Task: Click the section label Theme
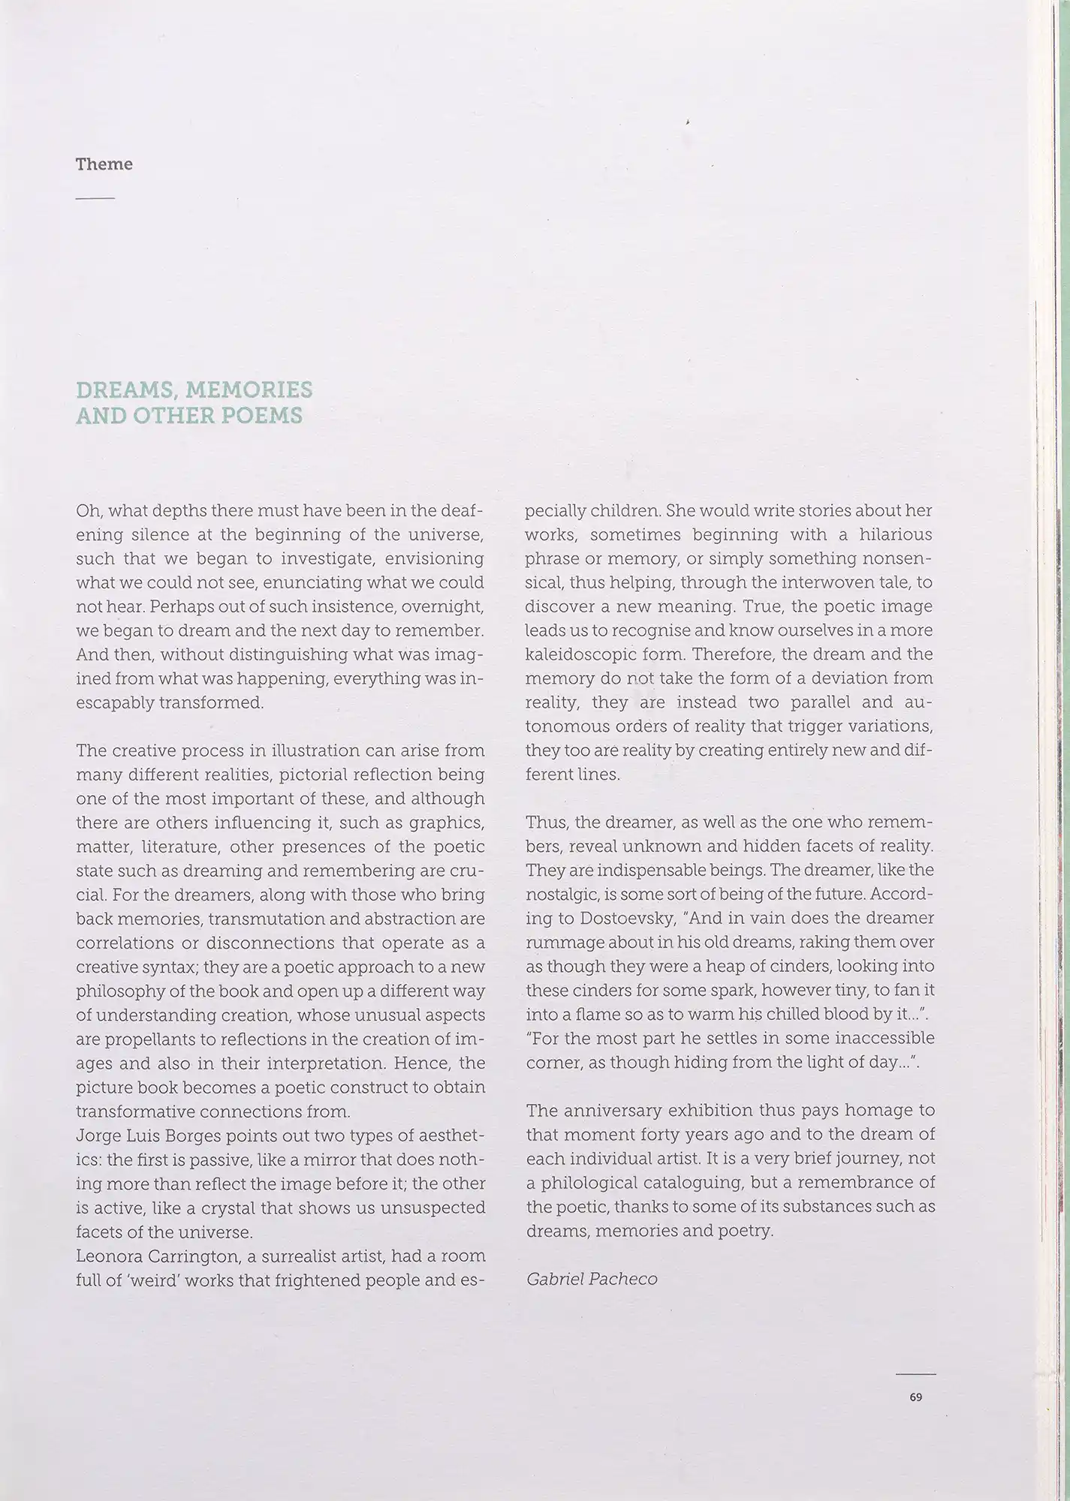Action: [104, 164]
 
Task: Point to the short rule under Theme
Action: [95, 198]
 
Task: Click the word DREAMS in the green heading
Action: [125, 390]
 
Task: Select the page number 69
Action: [915, 1397]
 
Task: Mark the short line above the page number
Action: [915, 1374]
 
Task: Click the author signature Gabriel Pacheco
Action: [592, 1279]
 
